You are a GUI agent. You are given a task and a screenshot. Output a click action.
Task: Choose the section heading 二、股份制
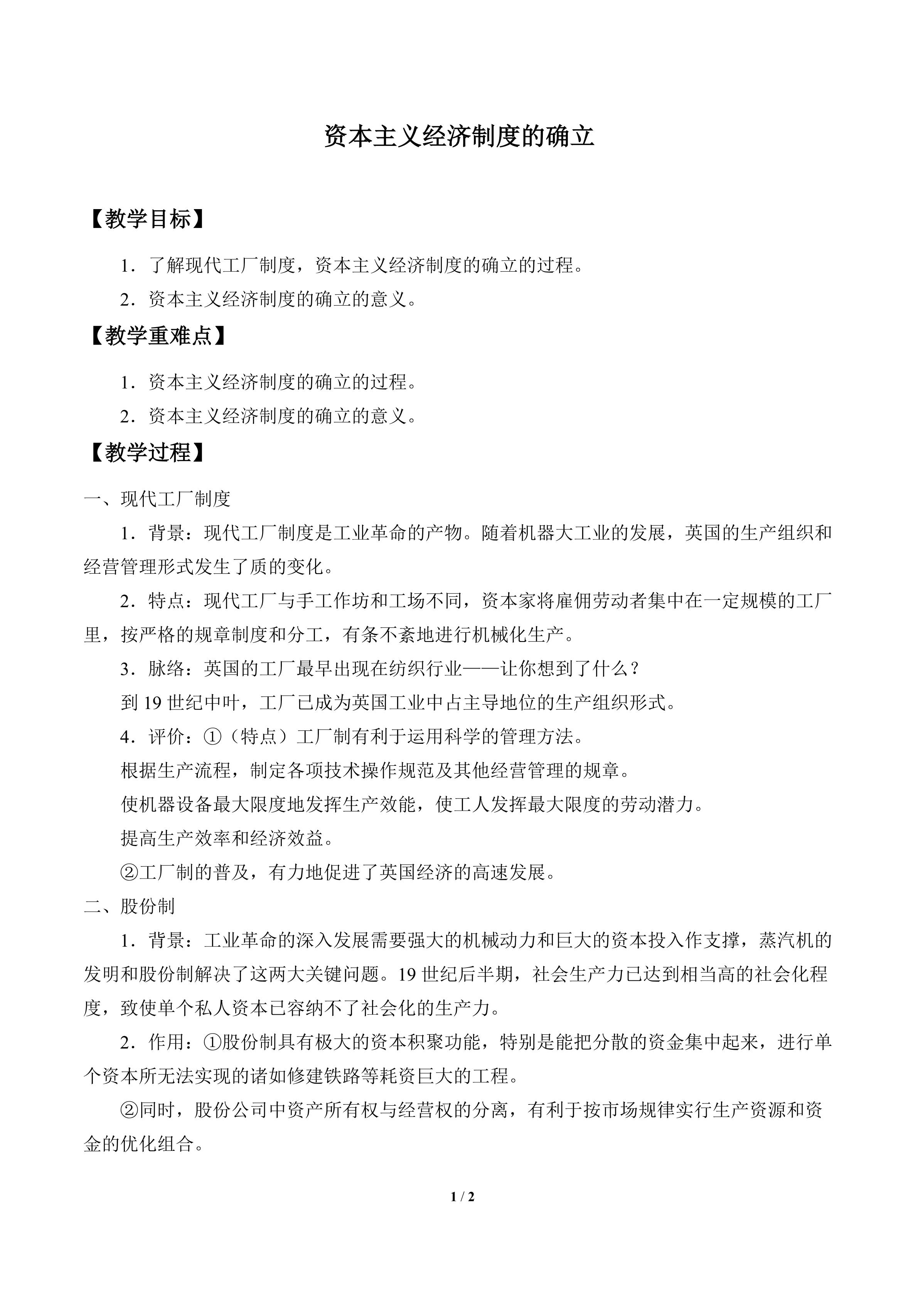tap(130, 906)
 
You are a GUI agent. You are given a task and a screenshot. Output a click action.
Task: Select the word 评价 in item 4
tap(167, 736)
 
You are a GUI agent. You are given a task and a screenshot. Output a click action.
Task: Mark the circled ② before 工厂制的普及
tap(130, 872)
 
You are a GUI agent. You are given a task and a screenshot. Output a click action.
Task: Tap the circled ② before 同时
tap(130, 1110)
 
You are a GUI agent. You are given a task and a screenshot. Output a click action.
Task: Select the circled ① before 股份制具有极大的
tap(212, 1042)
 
